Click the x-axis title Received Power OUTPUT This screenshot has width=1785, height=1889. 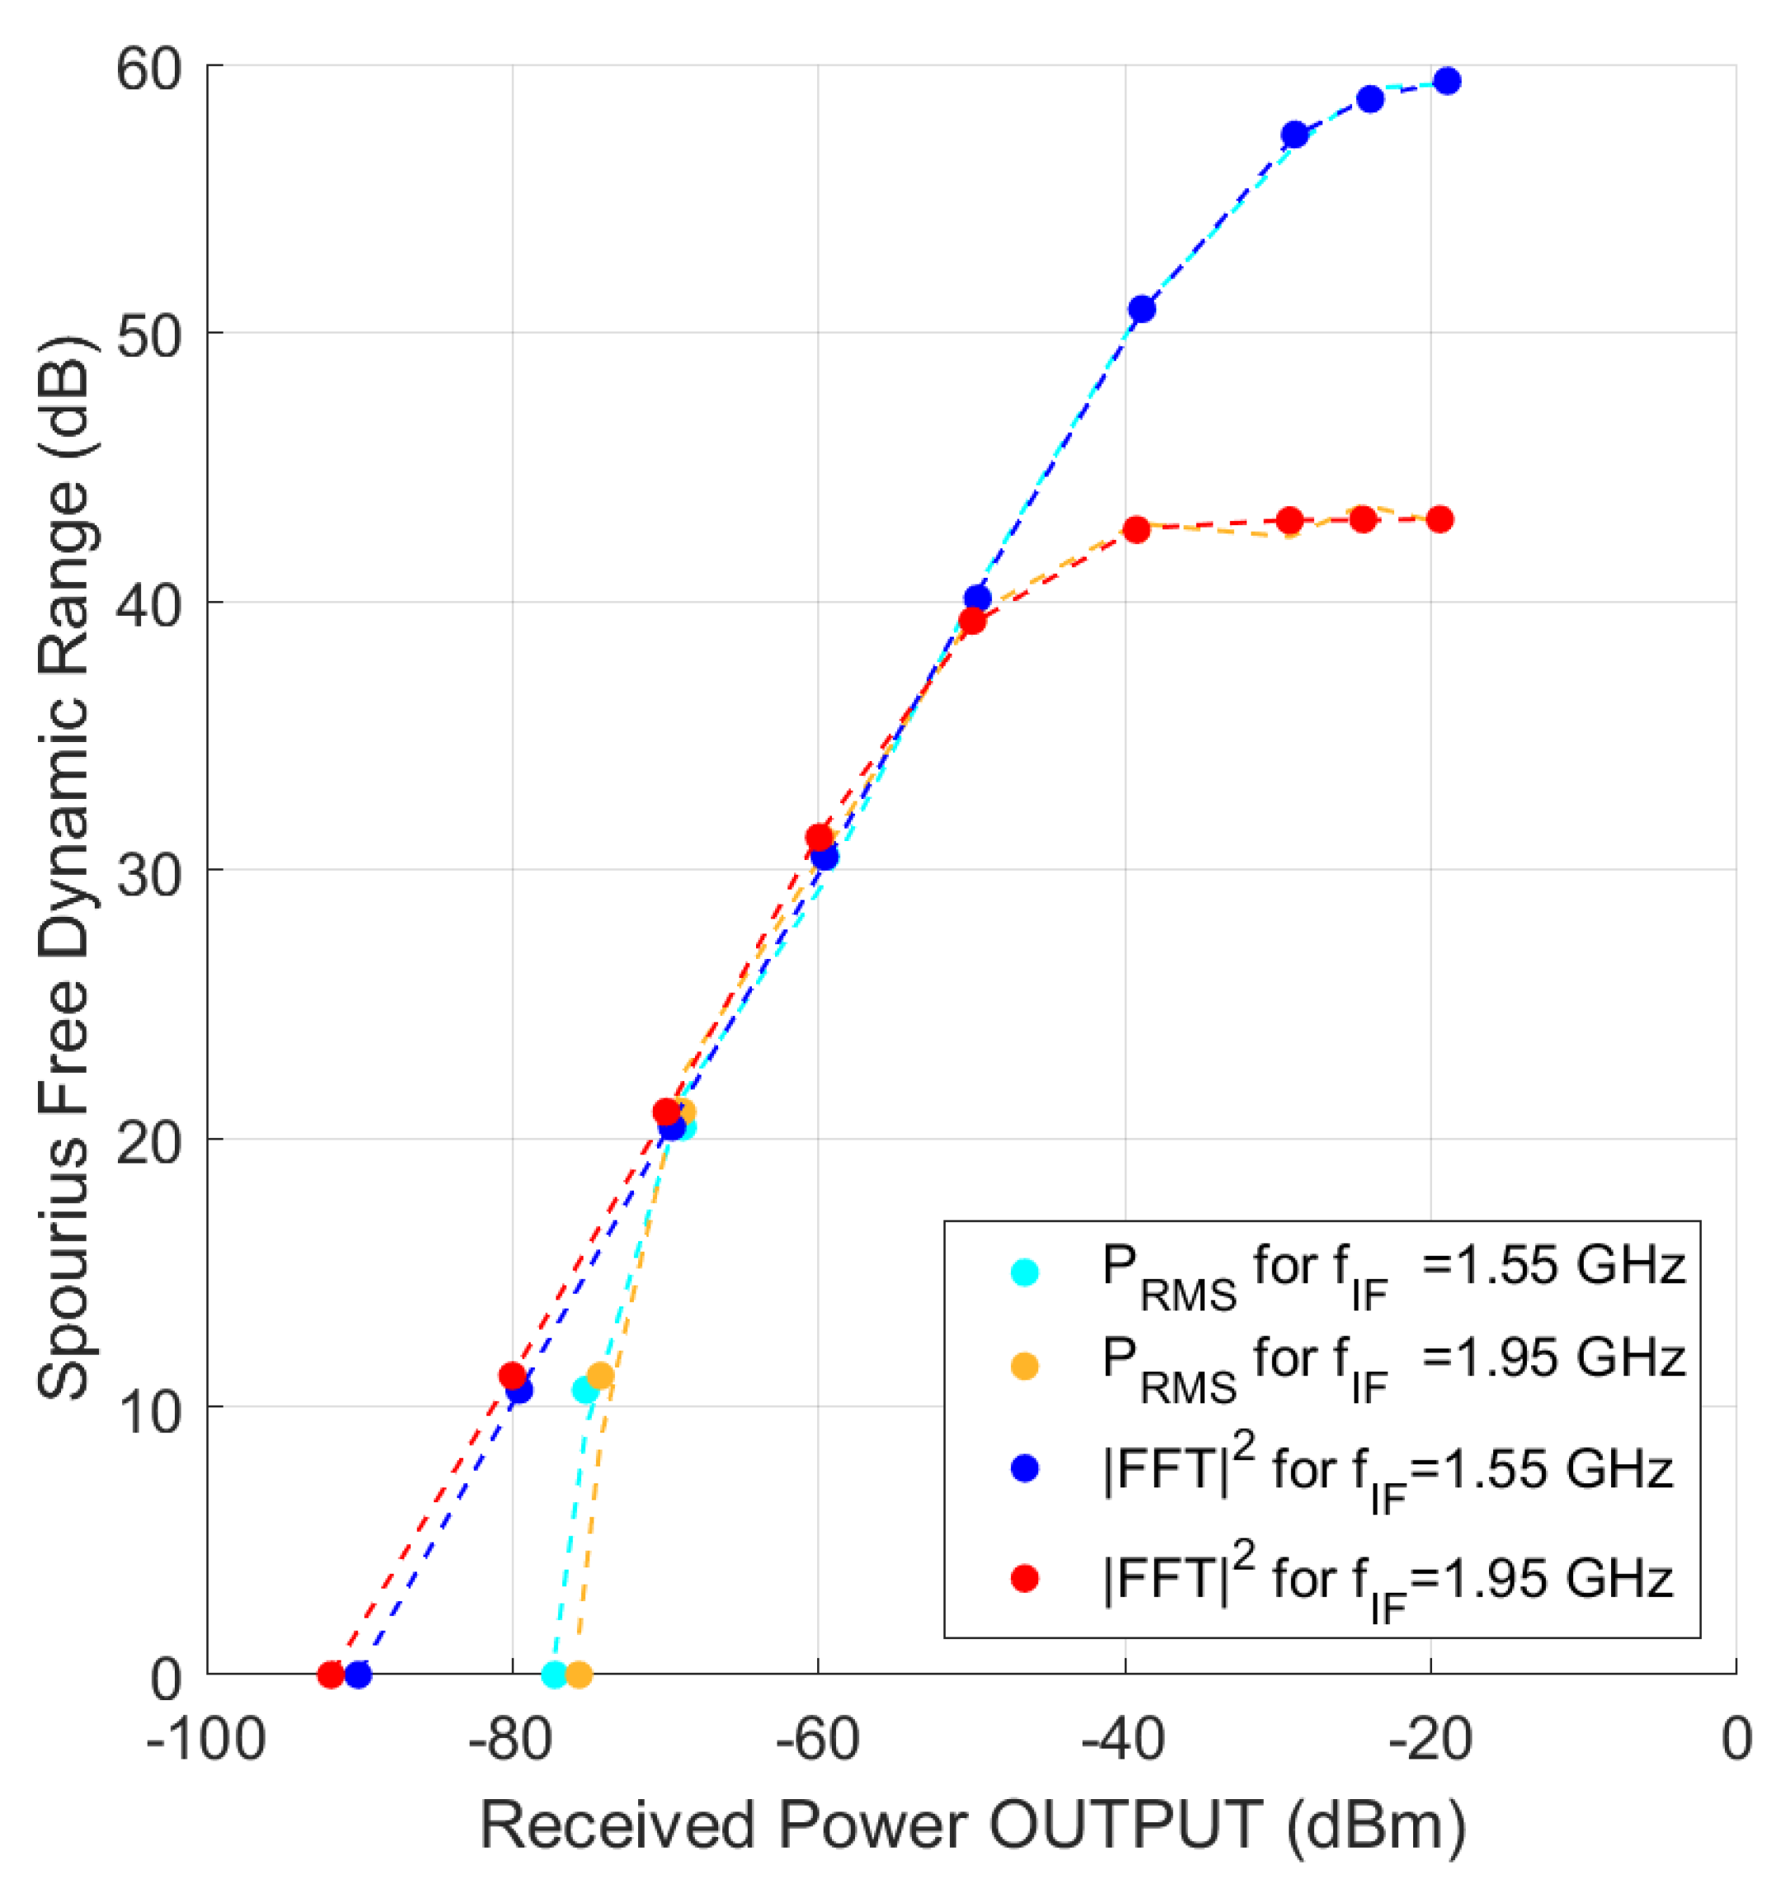pyautogui.click(x=971, y=1825)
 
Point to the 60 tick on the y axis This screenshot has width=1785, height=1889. pyautogui.click(x=148, y=68)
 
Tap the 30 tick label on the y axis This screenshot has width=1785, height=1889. pyautogui.click(x=148, y=872)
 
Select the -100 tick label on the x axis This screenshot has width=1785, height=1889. pyautogui.click(x=205, y=1739)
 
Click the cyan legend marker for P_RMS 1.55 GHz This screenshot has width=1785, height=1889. pyautogui.click(x=1025, y=1272)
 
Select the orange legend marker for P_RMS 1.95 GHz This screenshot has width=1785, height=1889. pyautogui.click(x=1025, y=1365)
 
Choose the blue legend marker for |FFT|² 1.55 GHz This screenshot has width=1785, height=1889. pyautogui.click(x=1025, y=1468)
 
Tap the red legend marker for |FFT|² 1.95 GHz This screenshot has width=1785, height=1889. pyautogui.click(x=1025, y=1579)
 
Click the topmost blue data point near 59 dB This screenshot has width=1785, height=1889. pyautogui.click(x=1447, y=81)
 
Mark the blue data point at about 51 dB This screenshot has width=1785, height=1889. pyautogui.click(x=1142, y=309)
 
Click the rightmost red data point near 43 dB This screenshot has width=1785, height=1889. pyautogui.click(x=1440, y=519)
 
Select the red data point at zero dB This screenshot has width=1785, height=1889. pyautogui.click(x=330, y=1674)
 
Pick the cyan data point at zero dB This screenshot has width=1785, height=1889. pyautogui.click(x=555, y=1674)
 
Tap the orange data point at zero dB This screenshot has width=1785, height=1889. pyautogui.click(x=579, y=1674)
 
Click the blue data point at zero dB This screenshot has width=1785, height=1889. pyautogui.click(x=358, y=1674)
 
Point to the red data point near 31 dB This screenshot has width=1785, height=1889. pyautogui.click(x=818, y=838)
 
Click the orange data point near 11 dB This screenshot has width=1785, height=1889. pyautogui.click(x=600, y=1376)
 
